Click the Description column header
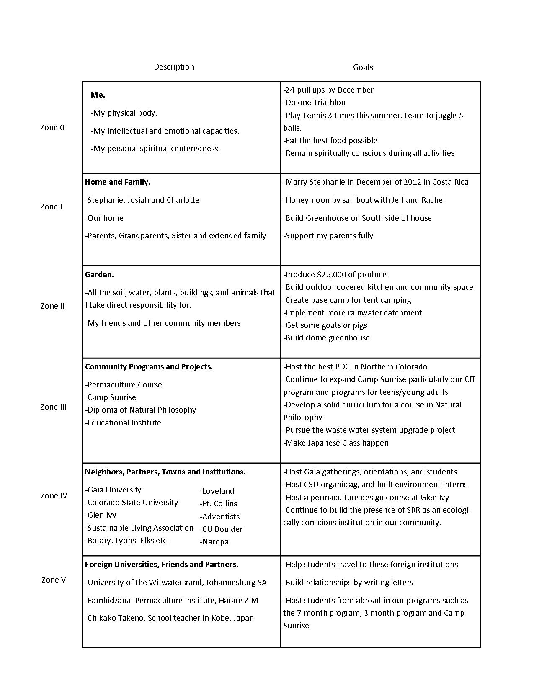[x=174, y=67]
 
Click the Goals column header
[x=363, y=67]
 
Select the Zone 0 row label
[x=52, y=128]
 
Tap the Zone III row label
[x=53, y=407]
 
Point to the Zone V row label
[x=54, y=580]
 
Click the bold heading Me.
[x=98, y=95]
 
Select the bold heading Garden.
[x=100, y=275]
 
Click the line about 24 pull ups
[x=328, y=90]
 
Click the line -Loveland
[x=217, y=491]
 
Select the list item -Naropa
[x=214, y=542]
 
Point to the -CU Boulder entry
[x=221, y=529]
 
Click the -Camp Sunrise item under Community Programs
[x=111, y=397]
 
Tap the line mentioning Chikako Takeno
[x=170, y=618]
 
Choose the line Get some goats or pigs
[x=325, y=325]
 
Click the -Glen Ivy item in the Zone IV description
[x=101, y=515]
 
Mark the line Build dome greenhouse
[x=326, y=338]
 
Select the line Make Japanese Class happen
[x=336, y=443]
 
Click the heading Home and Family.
[x=118, y=182]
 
